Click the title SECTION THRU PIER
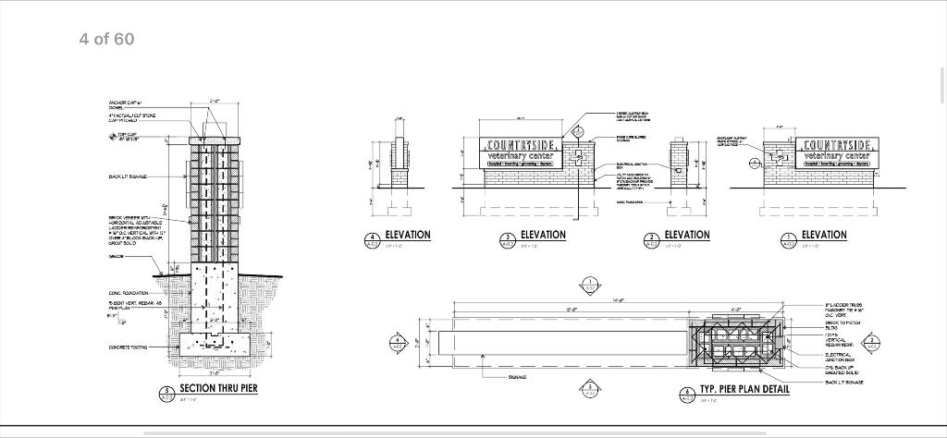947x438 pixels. point(217,388)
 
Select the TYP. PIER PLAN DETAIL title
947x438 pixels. point(744,389)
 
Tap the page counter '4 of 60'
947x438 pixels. point(106,38)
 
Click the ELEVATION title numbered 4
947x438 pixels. point(407,235)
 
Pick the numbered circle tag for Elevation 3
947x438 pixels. point(507,239)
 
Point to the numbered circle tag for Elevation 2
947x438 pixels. point(650,239)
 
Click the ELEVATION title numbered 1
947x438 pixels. point(823,235)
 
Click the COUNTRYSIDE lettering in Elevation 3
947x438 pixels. point(522,146)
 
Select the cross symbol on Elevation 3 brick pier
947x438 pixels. point(577,159)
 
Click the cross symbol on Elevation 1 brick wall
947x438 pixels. point(756,162)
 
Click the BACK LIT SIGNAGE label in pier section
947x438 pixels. point(127,176)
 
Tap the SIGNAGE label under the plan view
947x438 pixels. point(518,377)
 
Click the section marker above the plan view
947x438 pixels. point(589,284)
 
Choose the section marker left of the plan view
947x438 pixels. point(399,341)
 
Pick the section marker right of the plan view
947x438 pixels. point(873,341)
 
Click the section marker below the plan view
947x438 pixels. point(589,388)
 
